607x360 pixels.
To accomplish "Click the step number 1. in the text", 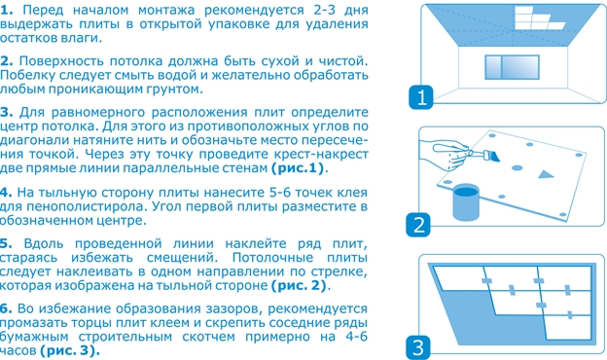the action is click(6, 10).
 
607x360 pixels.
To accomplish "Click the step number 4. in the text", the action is click(6, 193).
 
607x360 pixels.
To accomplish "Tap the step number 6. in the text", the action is click(6, 308).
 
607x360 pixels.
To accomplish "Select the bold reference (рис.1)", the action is click(298, 168).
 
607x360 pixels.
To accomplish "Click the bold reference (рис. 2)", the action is click(299, 286).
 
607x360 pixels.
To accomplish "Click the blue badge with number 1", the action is click(421, 97).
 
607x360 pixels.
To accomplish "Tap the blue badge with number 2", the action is click(418, 225).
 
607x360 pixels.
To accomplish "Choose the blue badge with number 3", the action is click(418, 347).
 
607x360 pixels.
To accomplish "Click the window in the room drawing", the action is click(512, 67).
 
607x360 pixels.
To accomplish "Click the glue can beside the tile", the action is click(466, 201).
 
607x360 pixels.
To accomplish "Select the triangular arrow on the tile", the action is click(546, 174).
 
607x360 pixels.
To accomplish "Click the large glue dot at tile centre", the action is click(518, 168).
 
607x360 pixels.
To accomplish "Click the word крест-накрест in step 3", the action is click(321, 154).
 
